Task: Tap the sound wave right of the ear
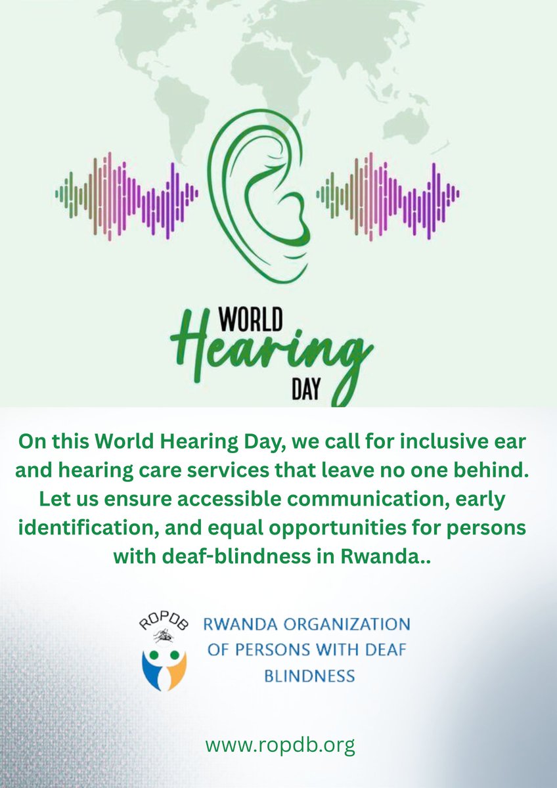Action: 388,194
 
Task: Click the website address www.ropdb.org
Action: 280,745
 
